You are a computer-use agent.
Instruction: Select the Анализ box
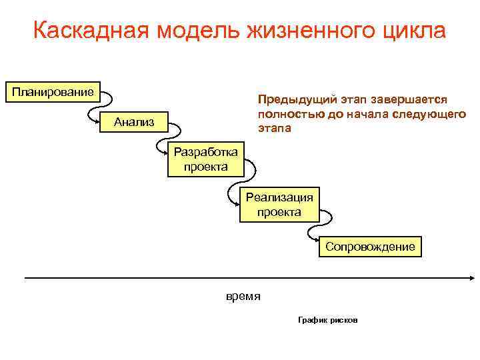tap(134, 121)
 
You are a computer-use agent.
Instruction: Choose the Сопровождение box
tap(370, 247)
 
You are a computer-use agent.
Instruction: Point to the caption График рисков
tap(327, 320)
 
